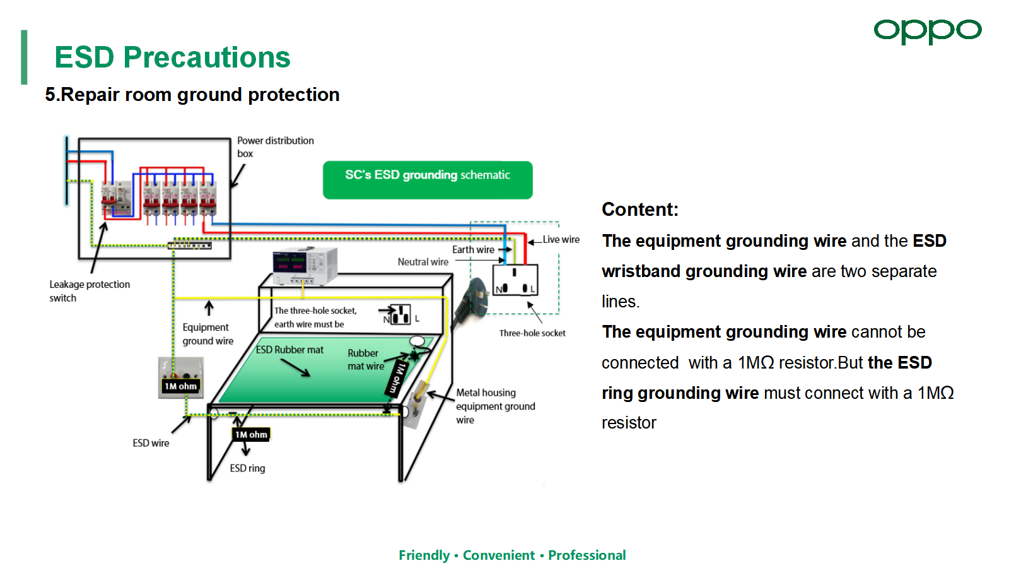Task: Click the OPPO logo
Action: (927, 31)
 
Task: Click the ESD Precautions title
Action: (172, 57)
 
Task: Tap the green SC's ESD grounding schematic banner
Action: (428, 179)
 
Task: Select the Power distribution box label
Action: (275, 147)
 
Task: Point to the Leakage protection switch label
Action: (90, 291)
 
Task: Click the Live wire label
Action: (561, 240)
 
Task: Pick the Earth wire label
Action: (473, 250)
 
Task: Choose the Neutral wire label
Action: (423, 262)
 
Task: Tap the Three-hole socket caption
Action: (532, 333)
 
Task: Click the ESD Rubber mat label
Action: (289, 350)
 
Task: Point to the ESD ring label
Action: (247, 468)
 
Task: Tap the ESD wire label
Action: (151, 443)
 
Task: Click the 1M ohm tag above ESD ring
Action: (251, 434)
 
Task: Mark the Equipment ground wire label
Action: (207, 334)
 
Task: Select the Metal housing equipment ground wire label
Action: (495, 406)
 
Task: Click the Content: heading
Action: (640, 210)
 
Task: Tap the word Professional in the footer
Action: (586, 555)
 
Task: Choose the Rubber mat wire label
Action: (365, 360)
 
